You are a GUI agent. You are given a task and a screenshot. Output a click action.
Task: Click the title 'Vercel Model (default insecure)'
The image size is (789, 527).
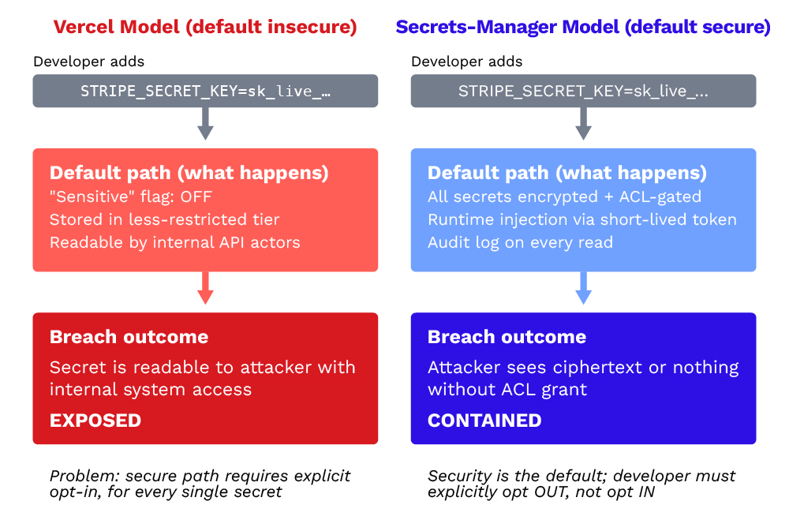205,27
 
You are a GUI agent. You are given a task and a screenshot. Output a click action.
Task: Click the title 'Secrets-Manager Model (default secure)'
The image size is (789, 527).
583,27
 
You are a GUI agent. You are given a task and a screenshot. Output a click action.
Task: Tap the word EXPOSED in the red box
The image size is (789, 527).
95,420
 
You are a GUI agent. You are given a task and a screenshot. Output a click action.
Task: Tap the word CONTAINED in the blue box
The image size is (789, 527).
484,420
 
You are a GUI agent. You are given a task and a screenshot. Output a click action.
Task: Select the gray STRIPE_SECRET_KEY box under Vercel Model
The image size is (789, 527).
205,91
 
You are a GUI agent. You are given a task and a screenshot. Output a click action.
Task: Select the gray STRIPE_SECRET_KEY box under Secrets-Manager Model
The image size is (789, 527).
583,91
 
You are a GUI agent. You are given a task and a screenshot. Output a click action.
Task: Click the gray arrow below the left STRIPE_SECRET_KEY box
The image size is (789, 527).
205,125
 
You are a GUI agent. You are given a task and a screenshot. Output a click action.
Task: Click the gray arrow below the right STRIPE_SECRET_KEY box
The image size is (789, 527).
583,125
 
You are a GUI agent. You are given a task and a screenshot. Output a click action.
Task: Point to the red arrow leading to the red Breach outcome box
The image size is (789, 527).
205,289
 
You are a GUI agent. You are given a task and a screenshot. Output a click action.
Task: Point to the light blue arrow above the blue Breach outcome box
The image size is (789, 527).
583,289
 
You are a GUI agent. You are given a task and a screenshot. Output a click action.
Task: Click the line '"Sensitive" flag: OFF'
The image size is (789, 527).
131,196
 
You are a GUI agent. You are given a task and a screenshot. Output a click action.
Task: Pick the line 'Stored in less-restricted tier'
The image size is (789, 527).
165,219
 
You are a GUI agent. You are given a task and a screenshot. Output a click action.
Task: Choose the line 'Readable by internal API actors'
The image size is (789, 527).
174,242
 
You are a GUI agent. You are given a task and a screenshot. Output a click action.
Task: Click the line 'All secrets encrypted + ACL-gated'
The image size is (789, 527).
564,196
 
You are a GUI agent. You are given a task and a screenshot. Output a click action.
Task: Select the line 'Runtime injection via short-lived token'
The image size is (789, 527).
581,219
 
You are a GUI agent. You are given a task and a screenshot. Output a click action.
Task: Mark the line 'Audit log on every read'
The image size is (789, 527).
520,242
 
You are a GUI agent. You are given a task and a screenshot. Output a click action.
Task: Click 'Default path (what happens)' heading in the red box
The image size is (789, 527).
189,173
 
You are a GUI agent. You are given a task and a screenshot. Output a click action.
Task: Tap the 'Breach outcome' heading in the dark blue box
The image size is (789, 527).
507,337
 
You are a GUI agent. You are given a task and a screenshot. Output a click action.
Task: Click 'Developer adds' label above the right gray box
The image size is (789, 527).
467,62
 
